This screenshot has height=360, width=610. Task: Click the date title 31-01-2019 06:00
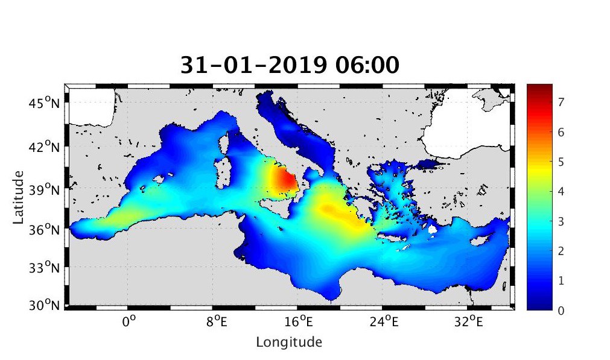(290, 65)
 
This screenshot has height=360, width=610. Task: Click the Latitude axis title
(19, 197)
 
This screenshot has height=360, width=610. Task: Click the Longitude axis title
(289, 343)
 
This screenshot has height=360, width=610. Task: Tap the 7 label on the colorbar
(561, 103)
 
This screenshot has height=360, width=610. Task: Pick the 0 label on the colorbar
(561, 310)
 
